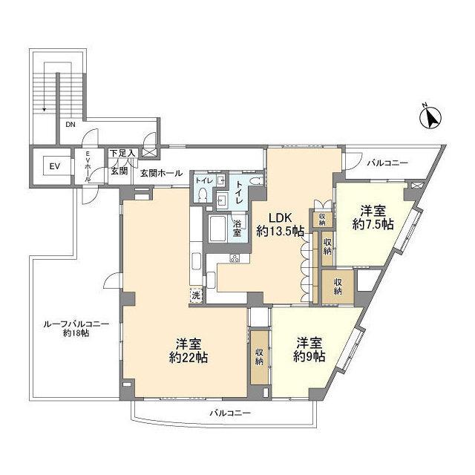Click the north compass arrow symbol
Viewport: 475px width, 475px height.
[x=430, y=118]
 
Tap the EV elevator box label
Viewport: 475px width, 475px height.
[x=54, y=166]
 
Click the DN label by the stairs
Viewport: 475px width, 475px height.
[x=71, y=124]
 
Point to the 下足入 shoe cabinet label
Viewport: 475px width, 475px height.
[x=122, y=153]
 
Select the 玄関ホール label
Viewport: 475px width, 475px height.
[x=162, y=173]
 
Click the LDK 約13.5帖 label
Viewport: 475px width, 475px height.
[x=281, y=224]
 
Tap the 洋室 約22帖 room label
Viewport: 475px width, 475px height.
[x=189, y=351]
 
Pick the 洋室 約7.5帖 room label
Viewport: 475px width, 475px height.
[x=373, y=217]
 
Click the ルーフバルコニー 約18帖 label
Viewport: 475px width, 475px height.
[x=76, y=329]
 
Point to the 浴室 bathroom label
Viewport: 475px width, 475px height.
[x=237, y=229]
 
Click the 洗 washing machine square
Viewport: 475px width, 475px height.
[x=196, y=295]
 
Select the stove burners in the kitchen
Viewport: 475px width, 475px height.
[x=235, y=258]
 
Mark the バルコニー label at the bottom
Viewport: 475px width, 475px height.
[x=231, y=413]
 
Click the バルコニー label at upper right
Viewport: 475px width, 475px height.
[x=387, y=163]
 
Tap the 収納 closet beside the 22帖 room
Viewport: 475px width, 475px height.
[x=259, y=358]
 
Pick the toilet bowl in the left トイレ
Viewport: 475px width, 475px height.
[x=203, y=194]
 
